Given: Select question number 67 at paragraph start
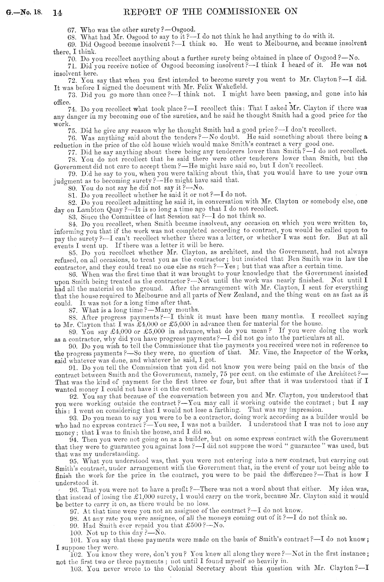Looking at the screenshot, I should [72, 30].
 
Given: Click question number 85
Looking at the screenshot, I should [72, 252].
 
